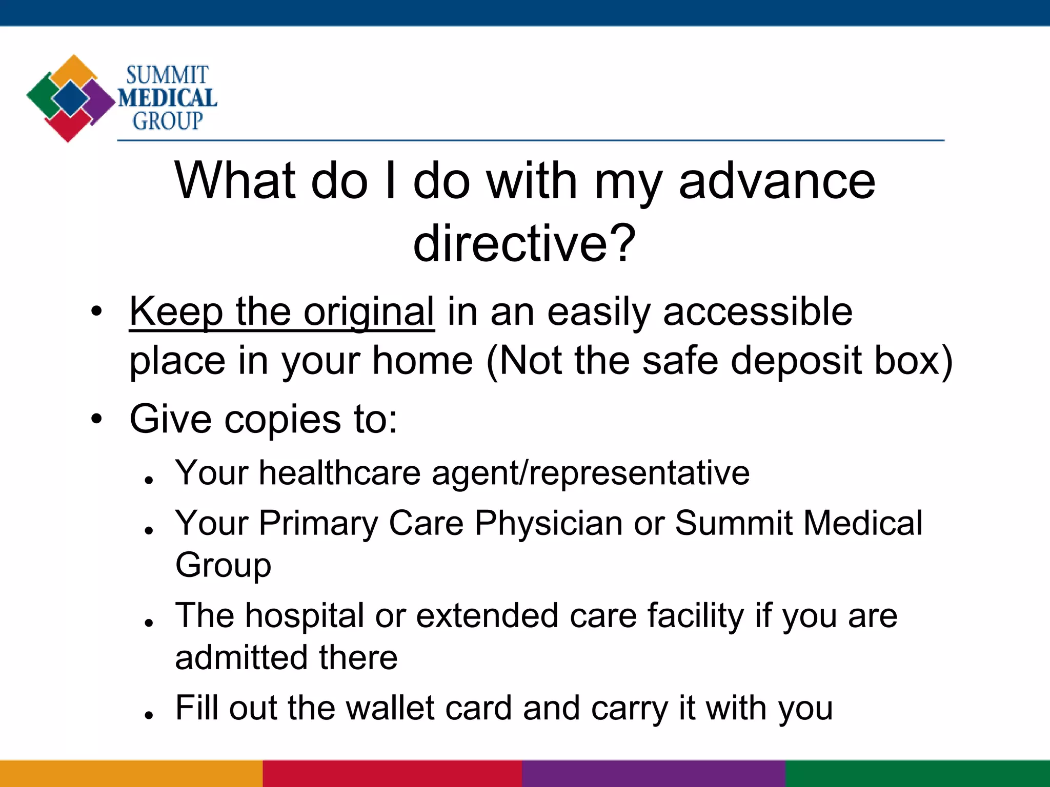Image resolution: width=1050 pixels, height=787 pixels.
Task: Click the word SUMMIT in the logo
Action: pos(167,75)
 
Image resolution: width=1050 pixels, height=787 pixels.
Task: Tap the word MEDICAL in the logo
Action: pos(167,98)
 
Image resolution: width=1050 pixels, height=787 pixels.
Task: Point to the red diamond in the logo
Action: pos(68,126)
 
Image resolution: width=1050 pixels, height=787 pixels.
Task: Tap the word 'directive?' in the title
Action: pos(524,243)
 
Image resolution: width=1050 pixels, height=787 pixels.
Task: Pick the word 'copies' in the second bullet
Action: pos(282,419)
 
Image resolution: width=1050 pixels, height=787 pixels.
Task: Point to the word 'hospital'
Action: pos(305,615)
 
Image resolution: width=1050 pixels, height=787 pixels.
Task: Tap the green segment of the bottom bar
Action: pos(918,774)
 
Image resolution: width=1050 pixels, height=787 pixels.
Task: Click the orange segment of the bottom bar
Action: pos(131,774)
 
